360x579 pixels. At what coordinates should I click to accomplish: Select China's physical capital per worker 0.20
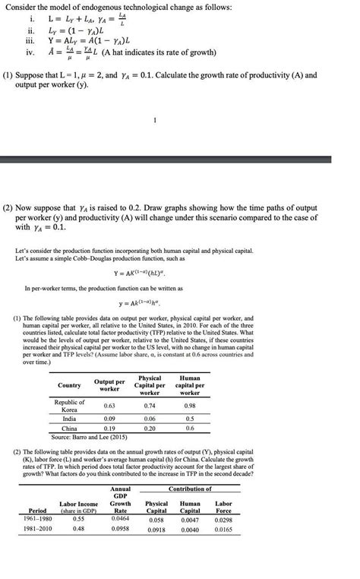[x=150, y=429]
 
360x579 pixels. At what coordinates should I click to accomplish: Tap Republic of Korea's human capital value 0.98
[x=189, y=406]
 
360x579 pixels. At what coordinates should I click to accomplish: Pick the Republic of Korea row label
[x=71, y=406]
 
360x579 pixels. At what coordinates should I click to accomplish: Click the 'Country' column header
[x=69, y=385]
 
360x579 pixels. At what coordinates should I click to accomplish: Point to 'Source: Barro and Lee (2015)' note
[x=91, y=438]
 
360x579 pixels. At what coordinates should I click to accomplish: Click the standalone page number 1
[x=154, y=119]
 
